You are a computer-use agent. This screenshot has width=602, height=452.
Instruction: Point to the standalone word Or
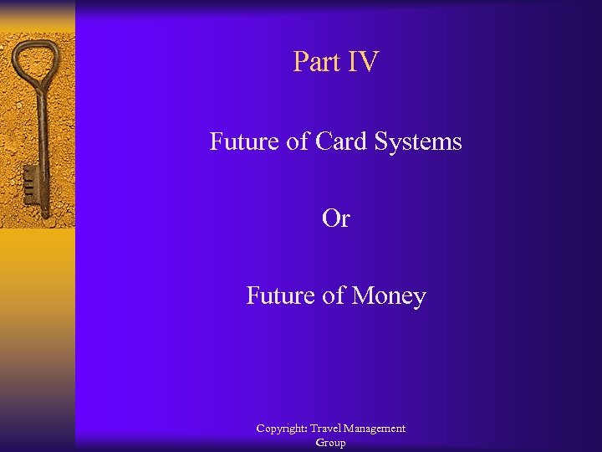pyautogui.click(x=335, y=218)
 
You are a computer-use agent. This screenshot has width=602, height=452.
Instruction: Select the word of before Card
pyautogui.click(x=298, y=141)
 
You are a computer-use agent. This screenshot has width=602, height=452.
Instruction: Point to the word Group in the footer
pyautogui.click(x=330, y=443)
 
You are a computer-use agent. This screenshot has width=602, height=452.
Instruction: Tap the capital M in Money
pyautogui.click(x=360, y=295)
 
